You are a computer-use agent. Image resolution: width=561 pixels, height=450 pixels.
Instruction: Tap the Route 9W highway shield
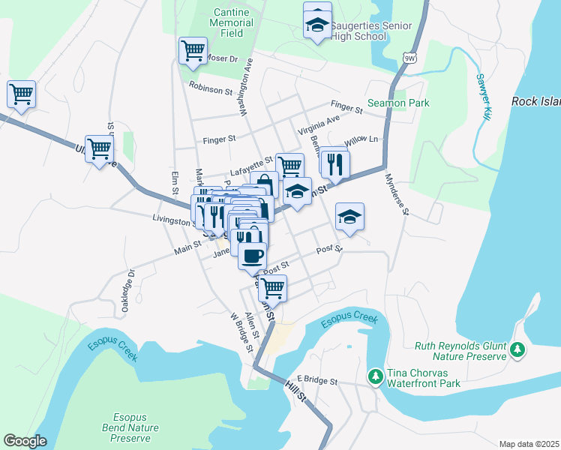click(409, 58)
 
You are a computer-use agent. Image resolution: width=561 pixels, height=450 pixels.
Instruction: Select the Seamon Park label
click(398, 103)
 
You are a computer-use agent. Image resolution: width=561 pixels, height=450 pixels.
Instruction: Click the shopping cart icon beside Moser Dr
click(193, 50)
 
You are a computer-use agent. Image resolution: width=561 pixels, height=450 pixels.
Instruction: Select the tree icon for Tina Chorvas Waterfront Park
click(373, 374)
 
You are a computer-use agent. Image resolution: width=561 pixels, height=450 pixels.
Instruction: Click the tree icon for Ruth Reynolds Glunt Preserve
click(517, 349)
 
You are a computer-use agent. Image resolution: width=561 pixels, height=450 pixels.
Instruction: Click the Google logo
click(25, 441)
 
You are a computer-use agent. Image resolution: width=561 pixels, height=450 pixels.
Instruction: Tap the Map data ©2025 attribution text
click(529, 444)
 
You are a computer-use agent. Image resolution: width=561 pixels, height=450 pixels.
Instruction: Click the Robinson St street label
click(211, 89)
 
